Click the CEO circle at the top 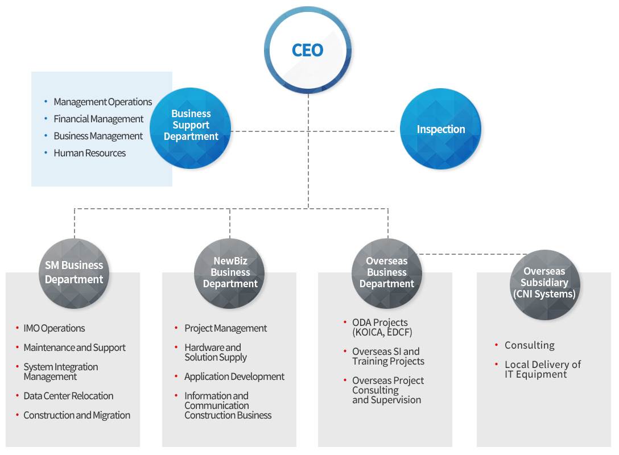307,50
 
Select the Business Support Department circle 191,128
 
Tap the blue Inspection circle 441,129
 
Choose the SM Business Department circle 74,273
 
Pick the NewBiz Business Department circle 230,273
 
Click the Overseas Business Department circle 387,273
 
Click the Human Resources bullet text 89,153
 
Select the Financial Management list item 98,119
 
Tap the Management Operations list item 102,102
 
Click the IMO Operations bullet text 54,328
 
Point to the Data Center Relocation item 68,396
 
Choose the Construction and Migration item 77,415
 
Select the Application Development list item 234,377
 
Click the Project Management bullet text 225,328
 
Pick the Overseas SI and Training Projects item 388,357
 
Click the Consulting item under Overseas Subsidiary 529,345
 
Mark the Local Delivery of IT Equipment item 542,369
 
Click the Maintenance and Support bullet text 75,348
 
